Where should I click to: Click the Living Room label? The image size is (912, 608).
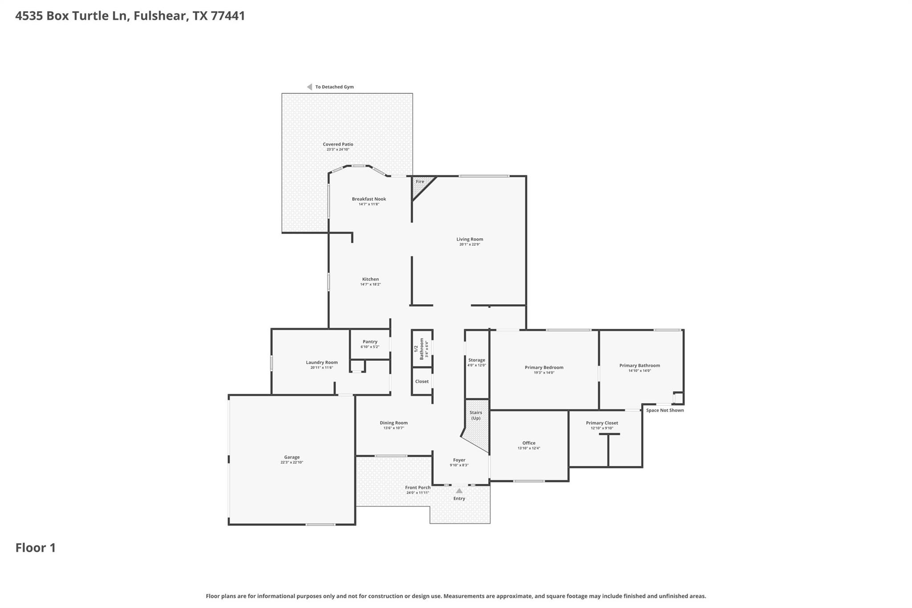click(469, 239)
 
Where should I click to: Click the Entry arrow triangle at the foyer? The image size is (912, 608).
click(459, 491)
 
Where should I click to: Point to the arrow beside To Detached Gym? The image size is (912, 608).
click(309, 87)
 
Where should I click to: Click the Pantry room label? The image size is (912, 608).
click(370, 342)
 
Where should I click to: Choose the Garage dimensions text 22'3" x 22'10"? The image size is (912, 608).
click(292, 462)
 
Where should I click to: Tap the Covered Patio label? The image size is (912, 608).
click(338, 144)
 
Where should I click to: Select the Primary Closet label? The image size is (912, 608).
click(602, 423)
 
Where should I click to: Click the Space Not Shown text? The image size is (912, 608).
click(665, 410)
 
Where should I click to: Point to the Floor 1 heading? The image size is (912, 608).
click(36, 548)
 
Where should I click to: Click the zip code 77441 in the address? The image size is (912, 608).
click(228, 16)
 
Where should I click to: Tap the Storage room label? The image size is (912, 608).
click(476, 360)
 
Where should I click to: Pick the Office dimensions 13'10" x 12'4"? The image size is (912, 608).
click(529, 448)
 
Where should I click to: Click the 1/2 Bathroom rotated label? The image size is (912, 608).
click(419, 349)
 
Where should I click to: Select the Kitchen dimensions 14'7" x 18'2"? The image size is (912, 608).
click(370, 284)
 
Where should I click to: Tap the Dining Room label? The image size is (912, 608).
click(394, 423)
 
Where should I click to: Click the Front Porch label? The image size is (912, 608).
click(418, 488)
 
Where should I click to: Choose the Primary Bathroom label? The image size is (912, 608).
click(639, 366)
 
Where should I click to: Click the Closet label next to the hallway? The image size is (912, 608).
click(422, 381)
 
